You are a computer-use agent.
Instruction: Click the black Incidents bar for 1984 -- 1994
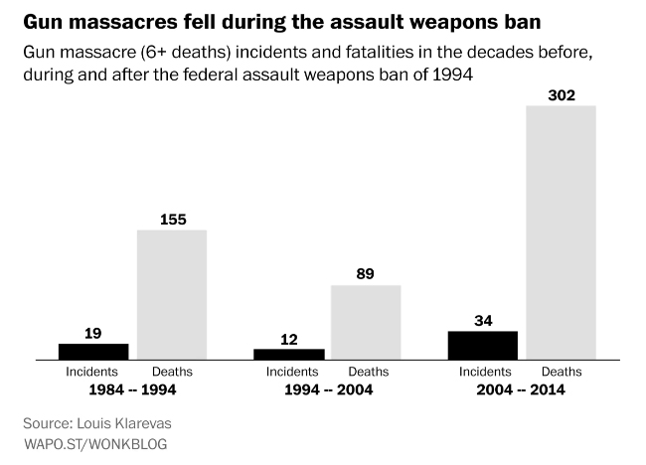pyautogui.click(x=93, y=351)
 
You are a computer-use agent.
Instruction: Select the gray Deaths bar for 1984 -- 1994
pyautogui.click(x=171, y=294)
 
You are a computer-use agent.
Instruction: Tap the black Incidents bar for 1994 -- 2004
pyautogui.click(x=288, y=354)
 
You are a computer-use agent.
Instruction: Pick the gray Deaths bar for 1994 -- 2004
pyautogui.click(x=366, y=322)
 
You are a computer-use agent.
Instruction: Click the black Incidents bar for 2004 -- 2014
pyautogui.click(x=483, y=345)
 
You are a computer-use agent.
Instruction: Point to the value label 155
pyautogui.click(x=171, y=220)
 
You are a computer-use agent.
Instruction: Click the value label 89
pyautogui.click(x=366, y=274)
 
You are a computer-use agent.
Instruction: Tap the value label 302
pyautogui.click(x=561, y=94)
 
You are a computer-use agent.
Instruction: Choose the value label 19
pyautogui.click(x=93, y=333)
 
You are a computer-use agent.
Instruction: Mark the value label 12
pyautogui.click(x=288, y=339)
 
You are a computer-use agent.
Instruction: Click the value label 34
pyautogui.click(x=483, y=320)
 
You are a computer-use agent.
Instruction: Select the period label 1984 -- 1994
pyautogui.click(x=132, y=390)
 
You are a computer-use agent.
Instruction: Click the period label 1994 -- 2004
pyautogui.click(x=327, y=390)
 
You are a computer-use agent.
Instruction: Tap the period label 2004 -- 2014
pyautogui.click(x=521, y=390)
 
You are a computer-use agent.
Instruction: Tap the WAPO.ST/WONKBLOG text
pyautogui.click(x=94, y=443)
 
